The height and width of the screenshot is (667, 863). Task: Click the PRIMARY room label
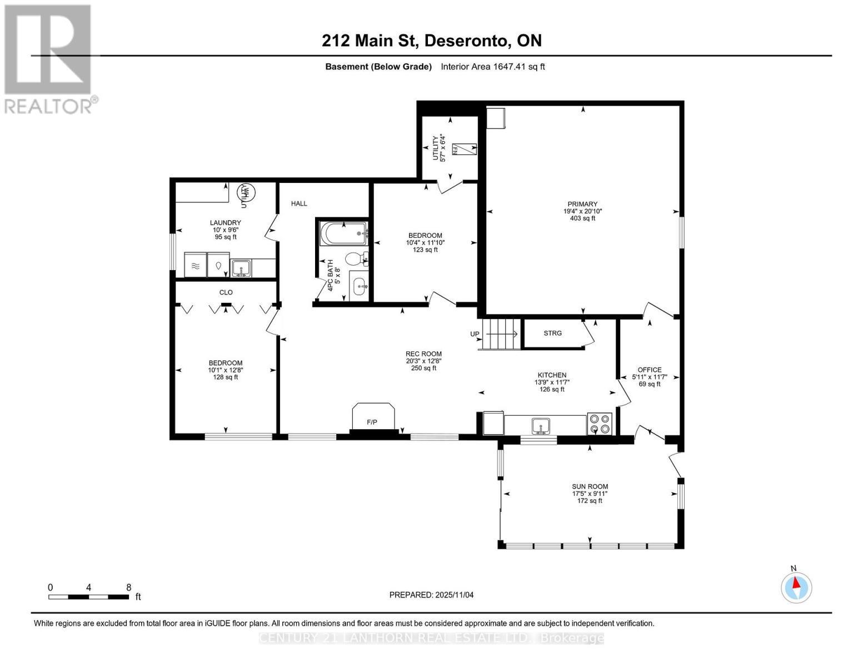582,204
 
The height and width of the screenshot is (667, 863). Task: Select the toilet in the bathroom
355,258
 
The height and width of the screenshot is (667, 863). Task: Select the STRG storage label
552,333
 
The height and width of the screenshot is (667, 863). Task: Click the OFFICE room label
649,370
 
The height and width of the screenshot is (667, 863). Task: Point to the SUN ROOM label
590,486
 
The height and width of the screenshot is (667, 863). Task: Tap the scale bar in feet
89,596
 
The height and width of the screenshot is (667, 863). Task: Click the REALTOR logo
49,58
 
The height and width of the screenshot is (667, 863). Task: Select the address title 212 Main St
431,41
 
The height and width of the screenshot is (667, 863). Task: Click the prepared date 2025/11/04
431,595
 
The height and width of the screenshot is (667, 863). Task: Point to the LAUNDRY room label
226,223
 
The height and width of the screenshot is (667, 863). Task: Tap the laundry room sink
241,268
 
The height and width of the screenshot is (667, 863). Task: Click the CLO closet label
226,292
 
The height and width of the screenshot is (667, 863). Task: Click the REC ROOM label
423,354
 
